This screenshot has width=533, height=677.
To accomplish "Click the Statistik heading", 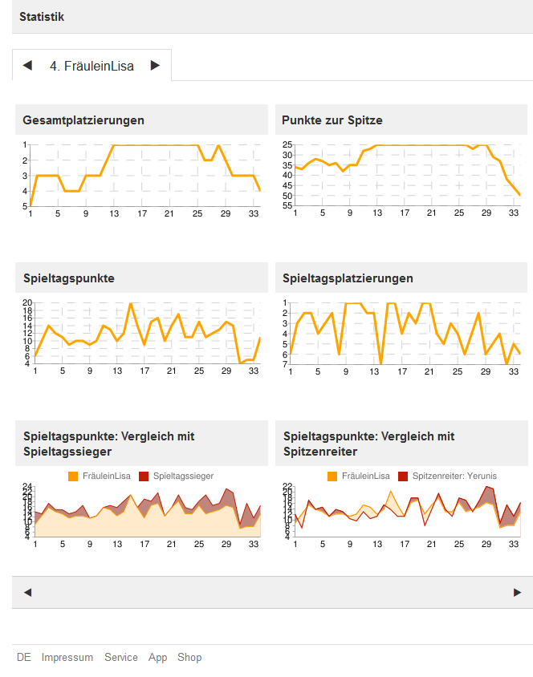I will tap(42, 17).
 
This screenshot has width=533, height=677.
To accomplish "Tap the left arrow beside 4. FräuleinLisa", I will tap(27, 66).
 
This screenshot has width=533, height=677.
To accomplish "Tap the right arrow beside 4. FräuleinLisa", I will tap(155, 66).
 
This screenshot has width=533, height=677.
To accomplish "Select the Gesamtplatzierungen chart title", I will tap(83, 120).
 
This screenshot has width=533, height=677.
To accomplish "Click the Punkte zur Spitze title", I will tap(332, 120).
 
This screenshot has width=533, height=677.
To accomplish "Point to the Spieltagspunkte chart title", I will tap(68, 278).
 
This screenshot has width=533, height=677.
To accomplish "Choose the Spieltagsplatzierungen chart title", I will tap(348, 278).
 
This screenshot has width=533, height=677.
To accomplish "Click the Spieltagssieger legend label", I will tap(183, 476).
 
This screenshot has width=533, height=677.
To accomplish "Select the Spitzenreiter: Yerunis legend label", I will tap(454, 476).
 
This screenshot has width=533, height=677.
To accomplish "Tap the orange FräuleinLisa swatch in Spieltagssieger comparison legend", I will tap(73, 476).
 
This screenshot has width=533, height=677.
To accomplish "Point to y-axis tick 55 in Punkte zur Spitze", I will tap(287, 206).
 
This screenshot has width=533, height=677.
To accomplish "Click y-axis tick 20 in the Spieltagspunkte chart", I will tap(26, 303).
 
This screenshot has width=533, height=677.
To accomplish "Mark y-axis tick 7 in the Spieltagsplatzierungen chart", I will tap(286, 365).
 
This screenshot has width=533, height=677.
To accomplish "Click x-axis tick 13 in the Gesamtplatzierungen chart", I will tap(114, 214).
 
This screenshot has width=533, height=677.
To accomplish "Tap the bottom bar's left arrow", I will tap(27, 593).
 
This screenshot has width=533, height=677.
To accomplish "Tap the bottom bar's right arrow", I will tap(517, 593).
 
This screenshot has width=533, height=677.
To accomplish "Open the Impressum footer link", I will tap(67, 658).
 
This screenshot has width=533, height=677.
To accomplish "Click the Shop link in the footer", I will tap(189, 658).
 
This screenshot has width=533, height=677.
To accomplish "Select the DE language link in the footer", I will tap(24, 658).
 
